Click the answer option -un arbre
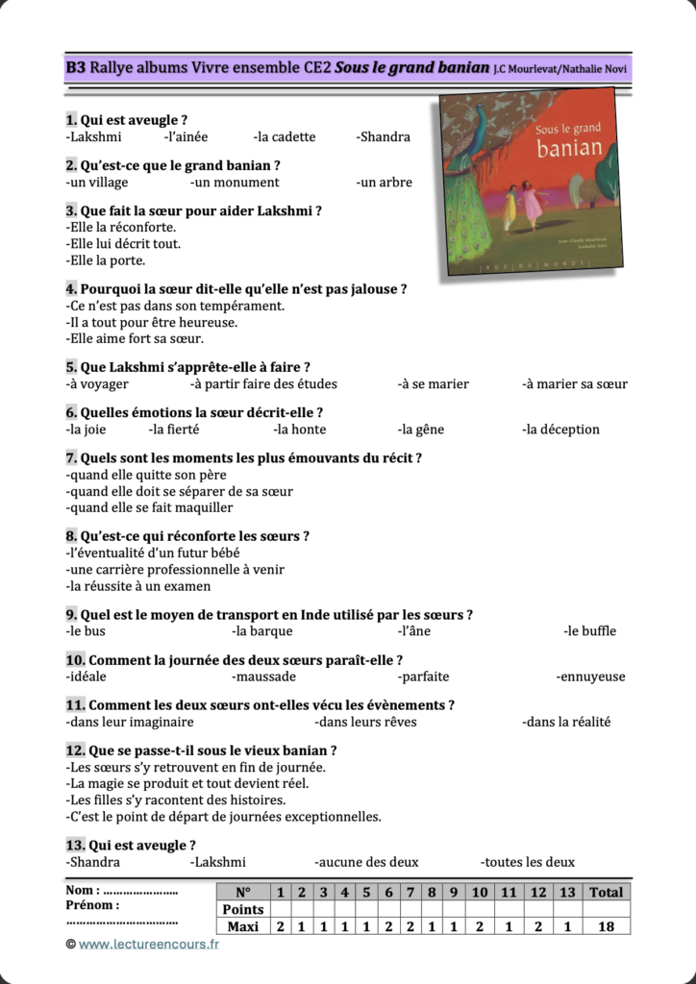tap(384, 183)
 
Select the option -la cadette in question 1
tap(285, 136)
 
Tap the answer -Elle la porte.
tap(106, 260)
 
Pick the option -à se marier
tap(434, 384)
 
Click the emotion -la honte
tap(300, 430)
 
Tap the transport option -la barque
tap(262, 631)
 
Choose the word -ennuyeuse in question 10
tap(590, 676)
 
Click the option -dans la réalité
tap(566, 722)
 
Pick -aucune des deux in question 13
tap(366, 862)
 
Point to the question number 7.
tap(71, 458)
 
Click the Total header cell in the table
tap(606, 892)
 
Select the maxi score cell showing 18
tap(606, 926)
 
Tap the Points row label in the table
tap(242, 909)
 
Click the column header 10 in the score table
tap(480, 892)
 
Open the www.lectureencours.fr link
tap(149, 945)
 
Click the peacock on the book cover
tap(466, 183)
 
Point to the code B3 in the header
tap(76, 67)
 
